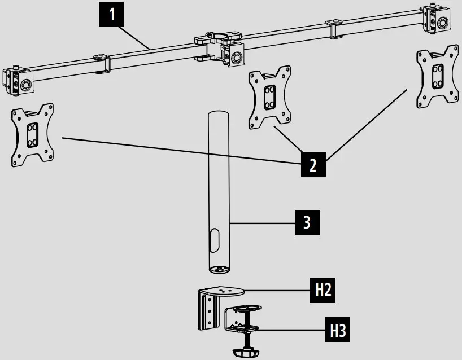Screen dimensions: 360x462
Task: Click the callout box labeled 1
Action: pyautogui.click(x=113, y=14)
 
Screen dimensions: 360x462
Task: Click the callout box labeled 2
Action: pyautogui.click(x=312, y=165)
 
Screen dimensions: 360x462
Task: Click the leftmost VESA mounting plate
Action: pyautogui.click(x=32, y=135)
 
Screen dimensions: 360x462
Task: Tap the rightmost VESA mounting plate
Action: pyautogui.click(x=436, y=78)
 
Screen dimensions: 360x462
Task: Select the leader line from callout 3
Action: pyautogui.click(x=263, y=224)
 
